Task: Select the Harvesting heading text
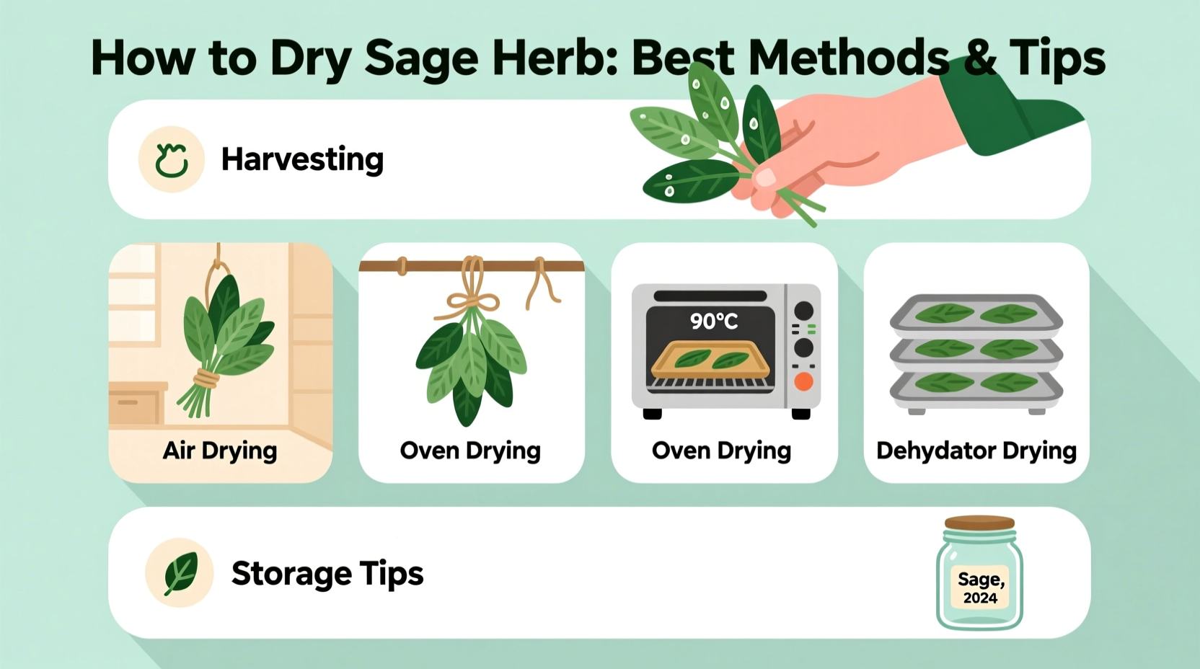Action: pos(302,159)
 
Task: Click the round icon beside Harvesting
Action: pos(172,159)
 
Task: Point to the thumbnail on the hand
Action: pos(764,177)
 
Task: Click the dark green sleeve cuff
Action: pos(1010,115)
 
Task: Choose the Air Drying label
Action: pos(220,451)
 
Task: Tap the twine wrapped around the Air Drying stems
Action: pos(206,378)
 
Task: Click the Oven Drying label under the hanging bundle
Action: pos(470,451)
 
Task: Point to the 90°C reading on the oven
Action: pos(713,322)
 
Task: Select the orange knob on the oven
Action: pos(803,381)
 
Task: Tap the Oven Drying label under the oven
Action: pos(721,451)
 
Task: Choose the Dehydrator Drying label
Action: pos(976,451)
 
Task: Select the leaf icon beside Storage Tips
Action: pos(180,573)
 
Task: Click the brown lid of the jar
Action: pos(979,523)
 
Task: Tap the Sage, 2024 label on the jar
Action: pos(980,588)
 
